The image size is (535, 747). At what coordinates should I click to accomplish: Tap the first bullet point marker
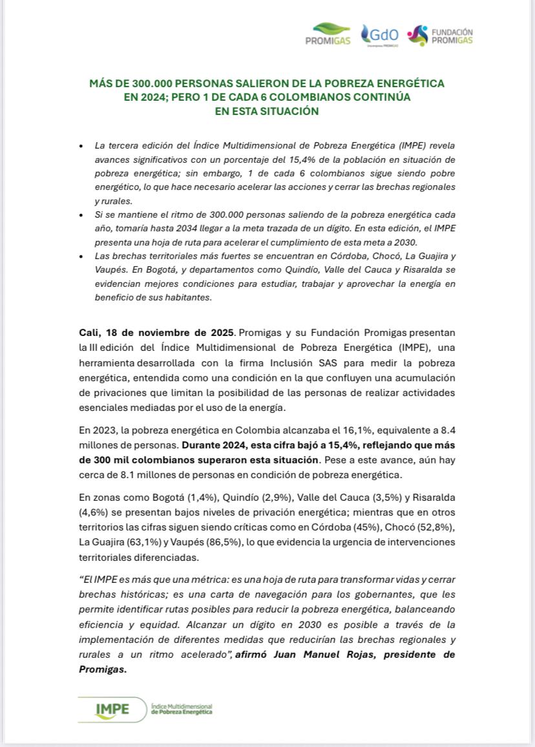tap(80, 147)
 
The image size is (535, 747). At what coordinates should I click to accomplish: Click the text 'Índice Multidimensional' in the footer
tap(181, 705)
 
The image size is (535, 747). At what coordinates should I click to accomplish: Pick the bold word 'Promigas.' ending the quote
tap(102, 669)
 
